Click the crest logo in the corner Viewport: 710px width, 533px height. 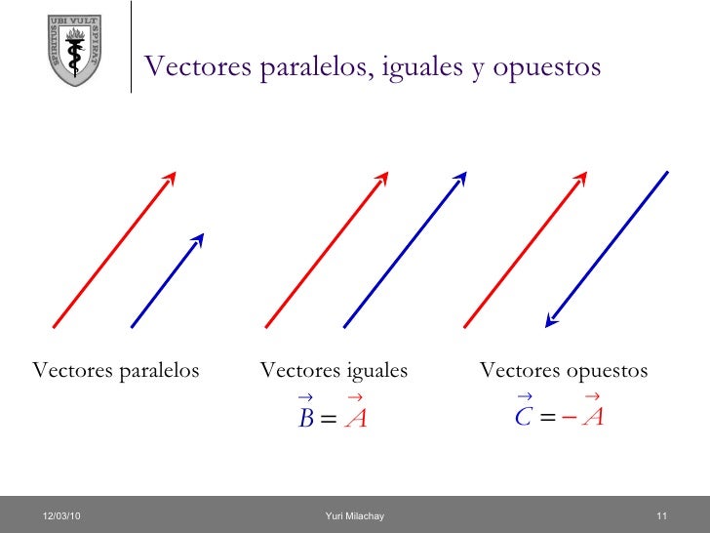pyautogui.click(x=73, y=50)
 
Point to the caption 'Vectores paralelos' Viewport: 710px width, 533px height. pyautogui.click(x=116, y=371)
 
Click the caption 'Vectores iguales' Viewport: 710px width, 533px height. pyautogui.click(x=334, y=371)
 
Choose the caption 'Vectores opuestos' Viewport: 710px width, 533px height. pyautogui.click(x=564, y=371)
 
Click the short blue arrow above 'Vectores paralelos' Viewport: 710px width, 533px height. pyautogui.click(x=167, y=280)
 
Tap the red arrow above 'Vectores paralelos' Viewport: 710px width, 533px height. pyautogui.click(x=113, y=249)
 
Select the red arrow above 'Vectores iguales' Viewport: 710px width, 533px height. pyautogui.click(x=327, y=249)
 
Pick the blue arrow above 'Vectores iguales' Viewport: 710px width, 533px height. pyautogui.click(x=405, y=249)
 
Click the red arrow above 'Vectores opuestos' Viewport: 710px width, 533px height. pyautogui.click(x=525, y=249)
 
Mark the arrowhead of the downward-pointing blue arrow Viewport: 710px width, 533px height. pyautogui.click(x=552, y=316)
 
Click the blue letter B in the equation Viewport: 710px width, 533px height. pyautogui.click(x=305, y=419)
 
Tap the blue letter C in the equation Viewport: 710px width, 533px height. pyautogui.click(x=523, y=418)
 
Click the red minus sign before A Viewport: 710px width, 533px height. pyautogui.click(x=570, y=418)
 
